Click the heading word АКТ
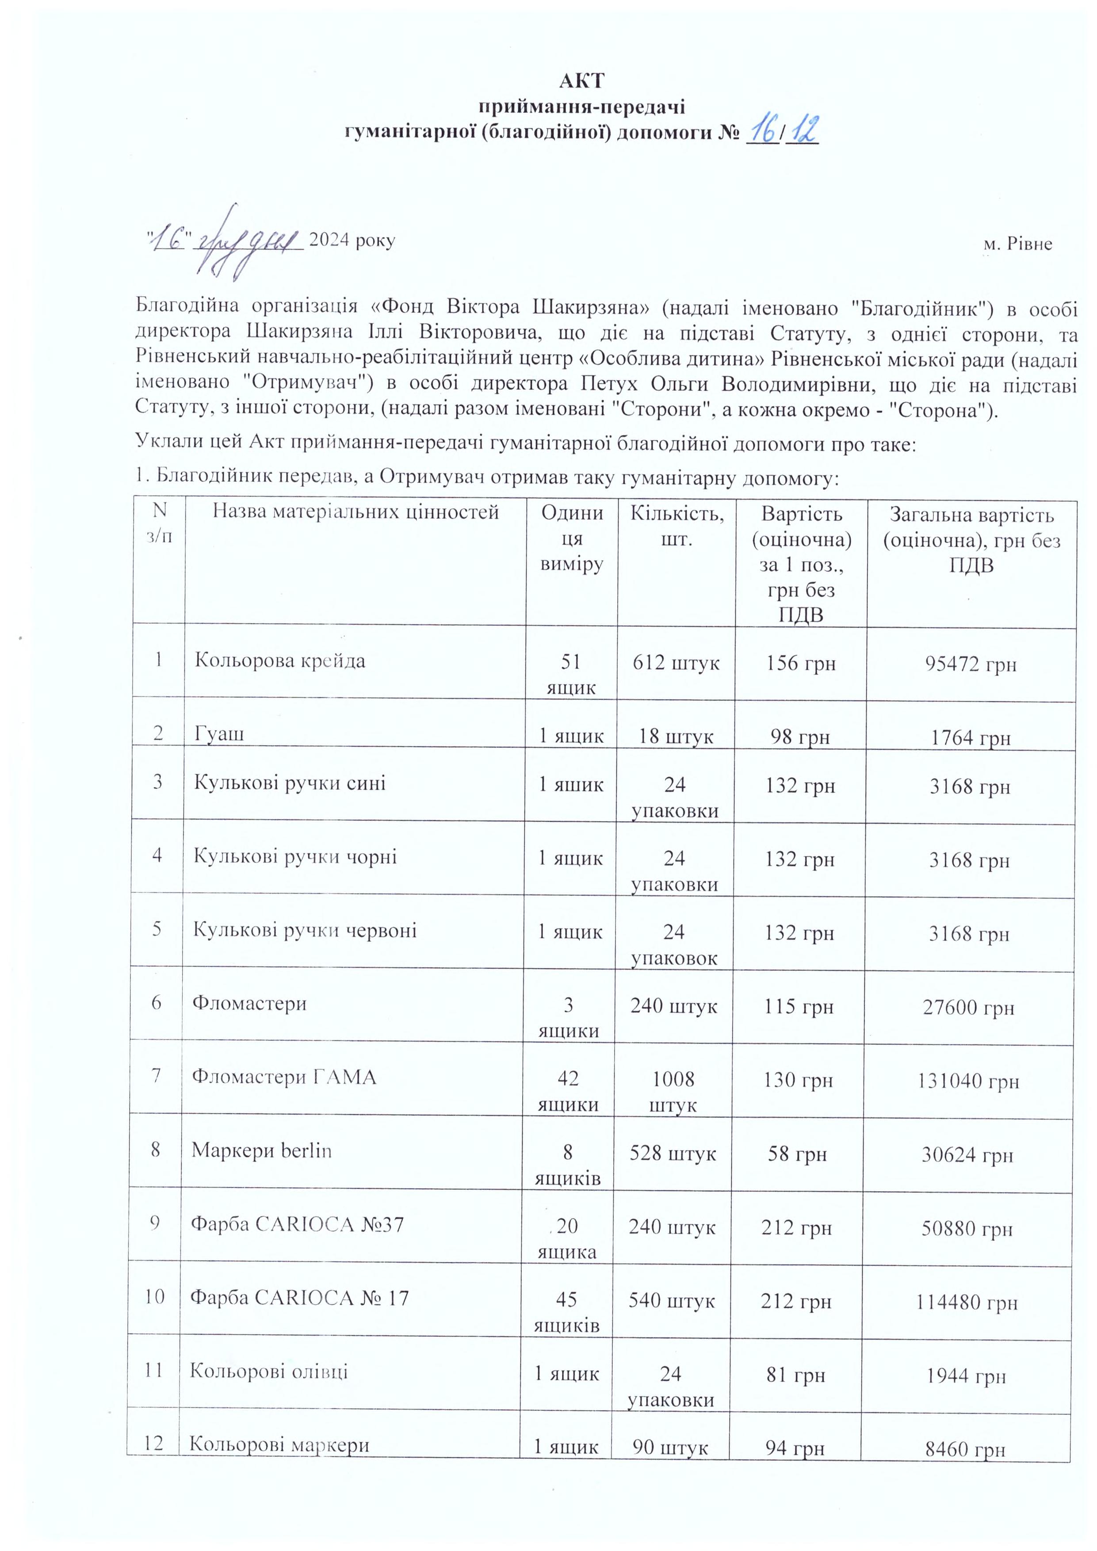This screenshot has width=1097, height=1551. pyautogui.click(x=581, y=81)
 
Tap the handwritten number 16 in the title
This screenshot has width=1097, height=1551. pyautogui.click(x=763, y=130)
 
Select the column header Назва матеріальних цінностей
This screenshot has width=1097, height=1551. pyautogui.click(x=355, y=512)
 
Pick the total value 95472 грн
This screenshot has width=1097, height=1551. pyautogui.click(x=970, y=664)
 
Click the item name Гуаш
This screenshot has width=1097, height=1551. pyautogui.click(x=220, y=733)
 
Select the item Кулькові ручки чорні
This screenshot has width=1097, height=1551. pyautogui.click(x=295, y=856)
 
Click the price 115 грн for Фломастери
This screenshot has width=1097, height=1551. pyautogui.click(x=799, y=1007)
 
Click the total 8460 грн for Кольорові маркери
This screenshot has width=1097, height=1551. pyautogui.click(x=966, y=1449)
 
